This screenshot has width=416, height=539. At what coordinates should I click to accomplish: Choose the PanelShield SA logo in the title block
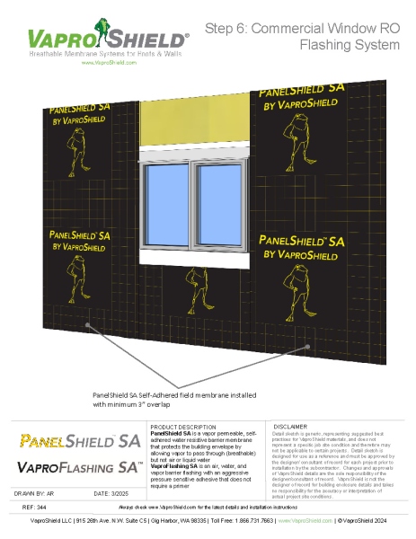pyautogui.click(x=79, y=441)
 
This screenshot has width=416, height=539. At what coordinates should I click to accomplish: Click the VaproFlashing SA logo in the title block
pyautogui.click(x=79, y=467)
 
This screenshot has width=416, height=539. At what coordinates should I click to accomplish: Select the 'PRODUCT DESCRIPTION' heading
pyautogui.click(x=182, y=426)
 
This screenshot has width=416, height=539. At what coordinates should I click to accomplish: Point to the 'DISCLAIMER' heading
pyautogui.click(x=291, y=426)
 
